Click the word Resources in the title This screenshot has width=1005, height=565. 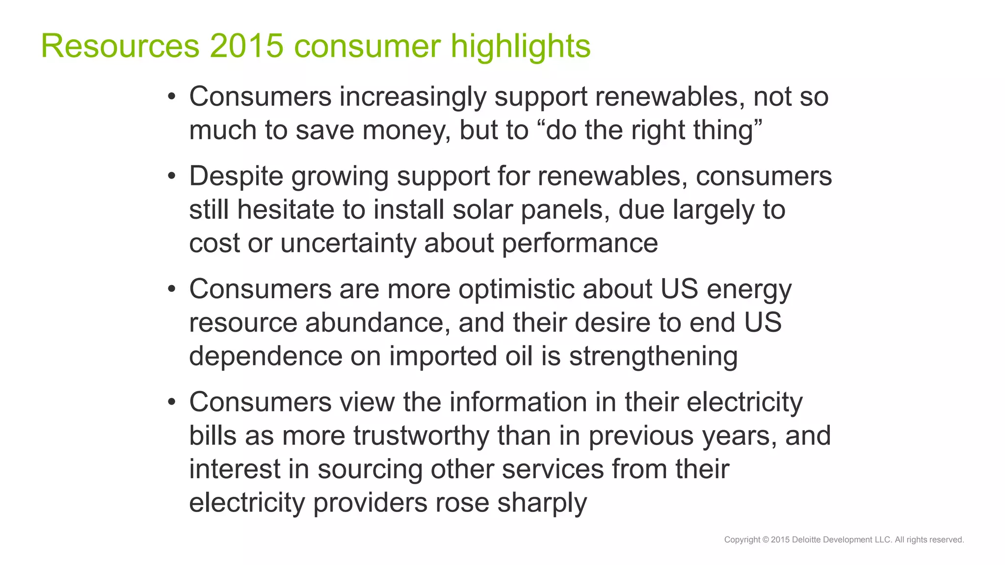pos(120,46)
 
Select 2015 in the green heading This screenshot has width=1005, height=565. pos(247,46)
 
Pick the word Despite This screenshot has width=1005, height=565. pos(236,177)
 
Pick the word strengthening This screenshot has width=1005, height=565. pos(653,357)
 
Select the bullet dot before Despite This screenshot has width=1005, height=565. pos(171,176)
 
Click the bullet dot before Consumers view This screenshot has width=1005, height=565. pos(171,402)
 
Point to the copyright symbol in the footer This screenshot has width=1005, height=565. pos(766,540)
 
